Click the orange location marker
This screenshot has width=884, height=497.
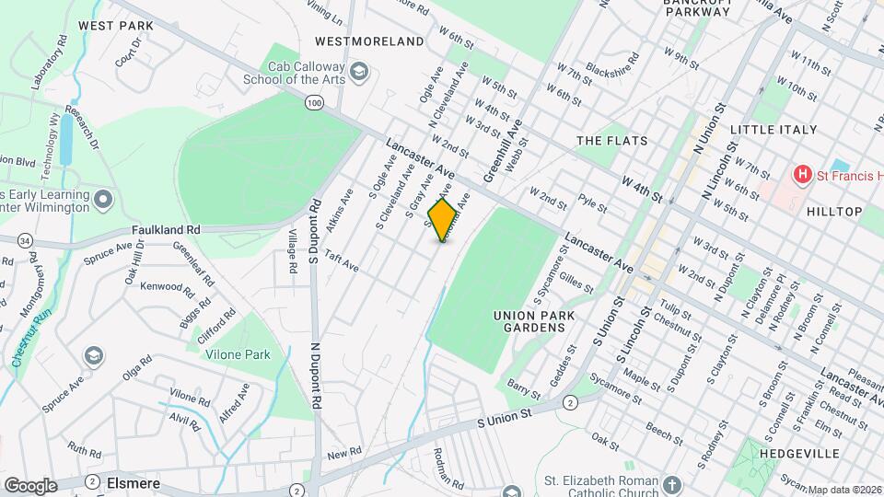pos(443,219)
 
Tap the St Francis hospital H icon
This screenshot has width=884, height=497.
pos(803,173)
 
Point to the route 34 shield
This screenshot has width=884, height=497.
pos(25,240)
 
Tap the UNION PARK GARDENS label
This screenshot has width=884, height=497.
pos(534,323)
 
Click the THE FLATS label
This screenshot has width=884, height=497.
pos(611,141)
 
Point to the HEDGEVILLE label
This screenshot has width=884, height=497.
pos(800,454)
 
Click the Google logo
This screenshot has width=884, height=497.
pos(30,485)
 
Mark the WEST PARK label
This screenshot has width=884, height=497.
pos(115,25)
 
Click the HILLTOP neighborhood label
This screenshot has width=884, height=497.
pos(834,211)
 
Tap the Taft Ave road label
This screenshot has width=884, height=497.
pos(341,263)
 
